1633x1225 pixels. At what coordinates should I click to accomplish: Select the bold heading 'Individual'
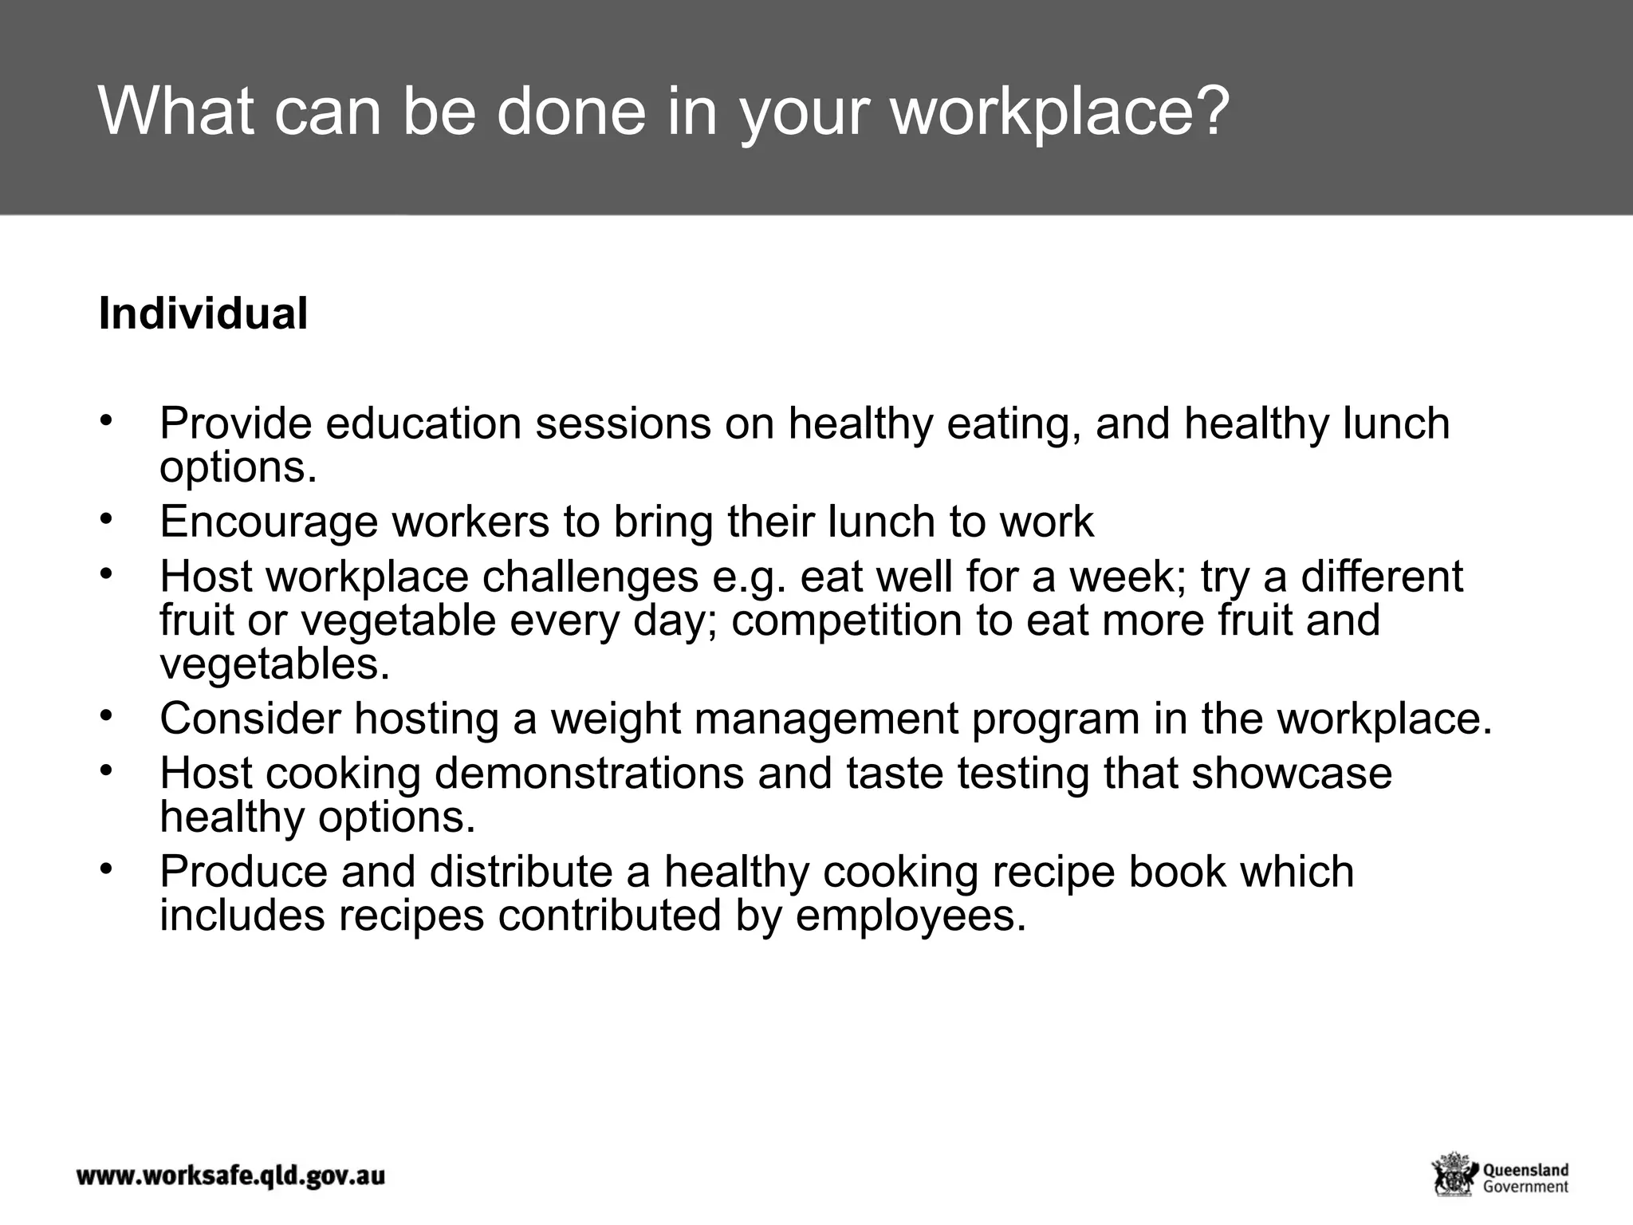click(x=203, y=313)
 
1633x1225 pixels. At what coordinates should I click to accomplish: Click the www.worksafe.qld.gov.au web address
click(x=230, y=1176)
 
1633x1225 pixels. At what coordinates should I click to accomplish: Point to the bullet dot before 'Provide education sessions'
click(x=104, y=420)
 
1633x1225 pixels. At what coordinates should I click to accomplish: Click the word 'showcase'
click(x=1292, y=774)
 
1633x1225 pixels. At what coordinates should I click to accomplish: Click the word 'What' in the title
click(x=177, y=112)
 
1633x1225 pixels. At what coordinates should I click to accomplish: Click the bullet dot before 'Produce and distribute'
click(x=104, y=869)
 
